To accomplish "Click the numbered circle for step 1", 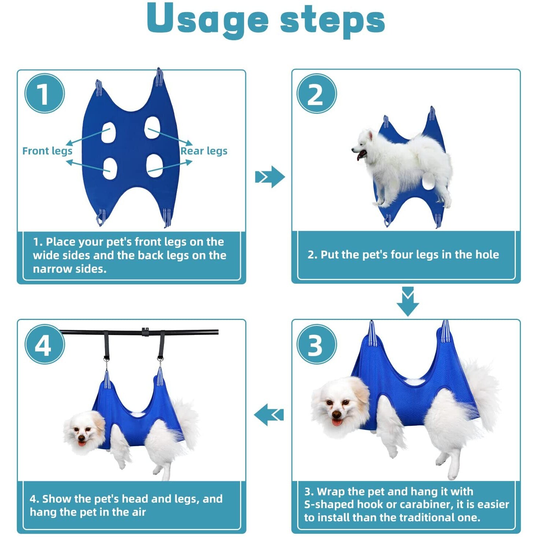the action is (x=45, y=94).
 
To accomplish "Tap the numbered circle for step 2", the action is (x=317, y=94).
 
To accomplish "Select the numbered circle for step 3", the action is (x=317, y=344).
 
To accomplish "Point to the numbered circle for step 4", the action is (x=45, y=344).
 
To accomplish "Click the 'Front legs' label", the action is (x=47, y=151).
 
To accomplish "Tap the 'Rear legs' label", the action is (x=204, y=151).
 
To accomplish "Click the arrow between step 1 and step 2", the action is (x=270, y=177).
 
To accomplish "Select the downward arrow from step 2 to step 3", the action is (x=408, y=302).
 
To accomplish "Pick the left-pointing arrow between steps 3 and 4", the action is (x=269, y=415).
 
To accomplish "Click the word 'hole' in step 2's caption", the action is (x=487, y=254).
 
